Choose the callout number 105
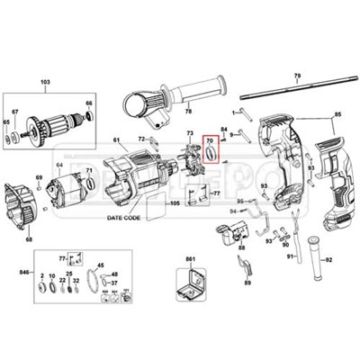[x=175, y=203]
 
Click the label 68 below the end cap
[x=29, y=239]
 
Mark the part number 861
[x=190, y=260]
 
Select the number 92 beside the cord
[x=328, y=259]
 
